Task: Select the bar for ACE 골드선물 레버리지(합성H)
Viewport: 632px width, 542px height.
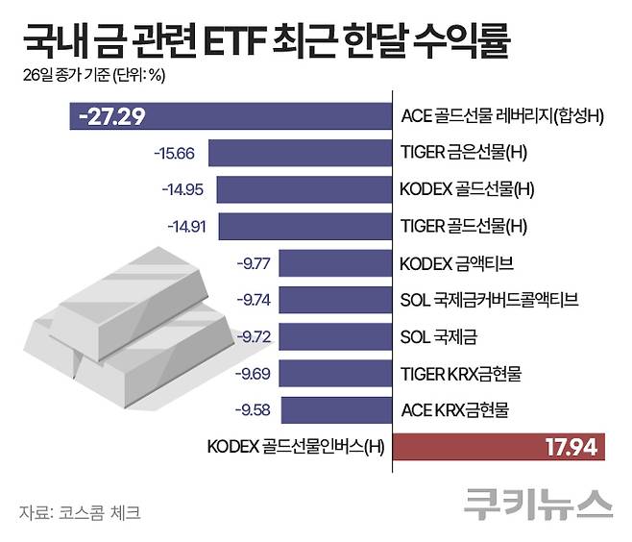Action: pyautogui.click(x=231, y=116)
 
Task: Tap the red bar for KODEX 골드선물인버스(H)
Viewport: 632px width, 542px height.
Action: pyautogui.click(x=499, y=446)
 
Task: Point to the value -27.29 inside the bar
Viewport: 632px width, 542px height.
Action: pyautogui.click(x=113, y=117)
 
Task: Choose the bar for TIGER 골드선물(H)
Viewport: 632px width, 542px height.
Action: pyautogui.click(x=305, y=227)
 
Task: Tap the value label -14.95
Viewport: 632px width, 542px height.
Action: pyautogui.click(x=182, y=189)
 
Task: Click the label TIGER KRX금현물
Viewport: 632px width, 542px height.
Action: pyautogui.click(x=460, y=373)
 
